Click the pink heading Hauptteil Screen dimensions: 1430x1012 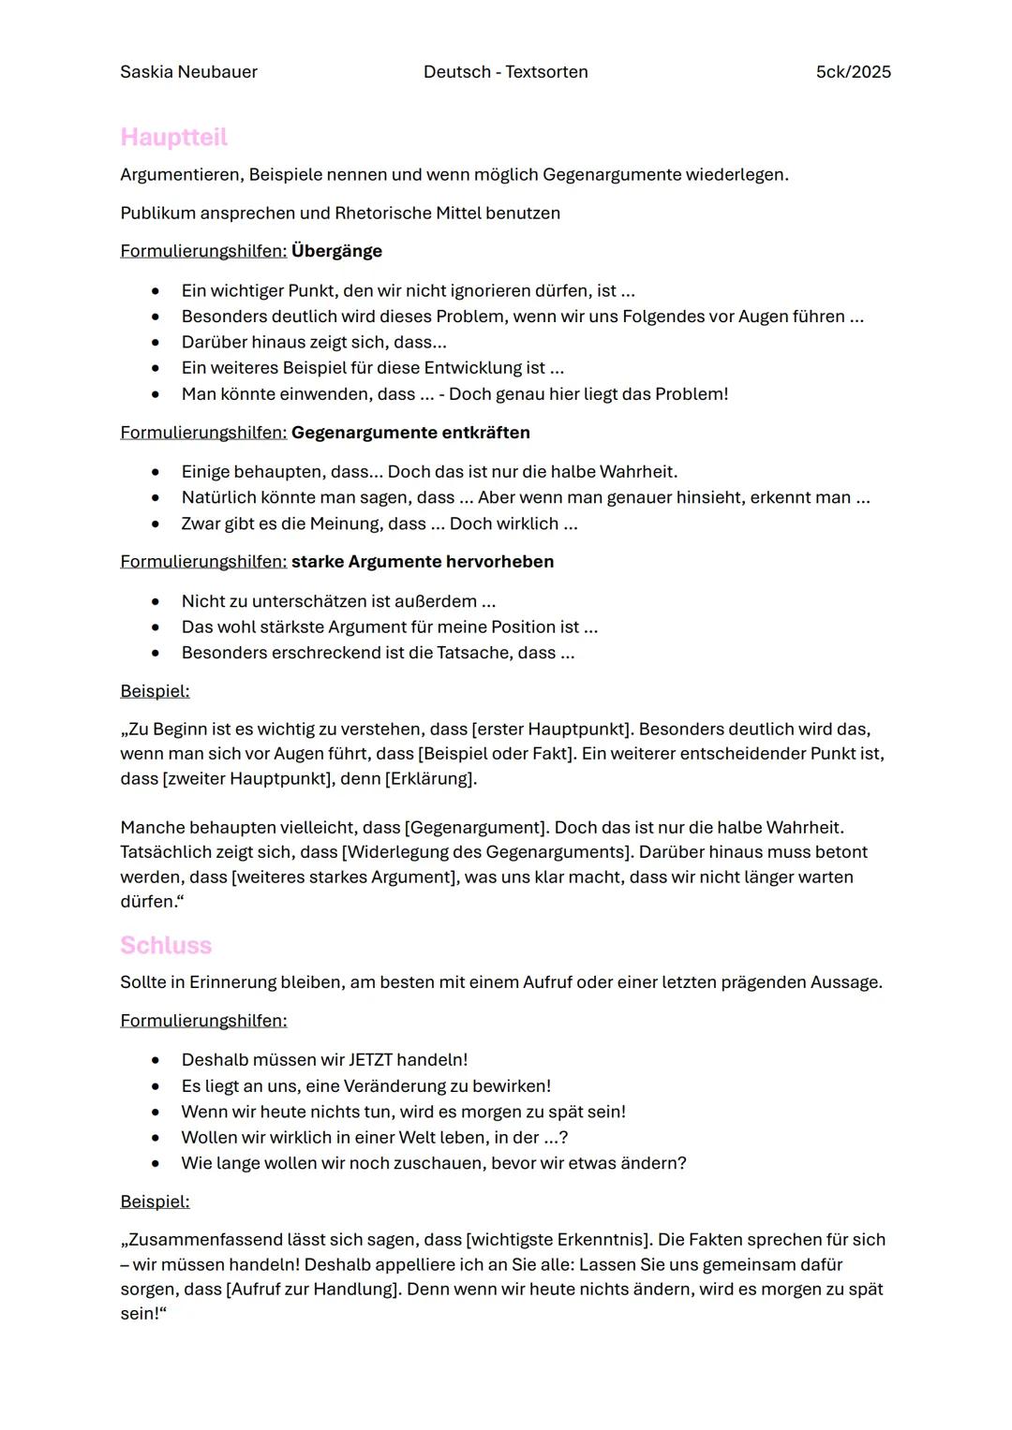point(173,138)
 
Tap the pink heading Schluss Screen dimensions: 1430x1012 point(166,946)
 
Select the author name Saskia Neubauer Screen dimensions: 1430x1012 point(188,72)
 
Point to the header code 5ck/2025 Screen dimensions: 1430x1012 point(853,72)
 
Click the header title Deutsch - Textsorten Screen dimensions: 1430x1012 point(505,72)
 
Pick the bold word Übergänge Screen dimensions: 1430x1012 point(336,251)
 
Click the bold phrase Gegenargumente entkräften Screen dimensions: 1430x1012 point(410,433)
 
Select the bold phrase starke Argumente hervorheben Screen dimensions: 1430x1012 point(423,562)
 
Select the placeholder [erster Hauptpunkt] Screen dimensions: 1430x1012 point(552,730)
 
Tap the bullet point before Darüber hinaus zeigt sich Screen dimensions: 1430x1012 point(156,343)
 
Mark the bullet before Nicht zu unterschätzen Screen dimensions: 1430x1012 point(156,601)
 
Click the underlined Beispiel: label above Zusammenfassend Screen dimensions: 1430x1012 point(155,1201)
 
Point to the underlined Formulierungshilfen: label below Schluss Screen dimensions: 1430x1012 point(203,1021)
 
